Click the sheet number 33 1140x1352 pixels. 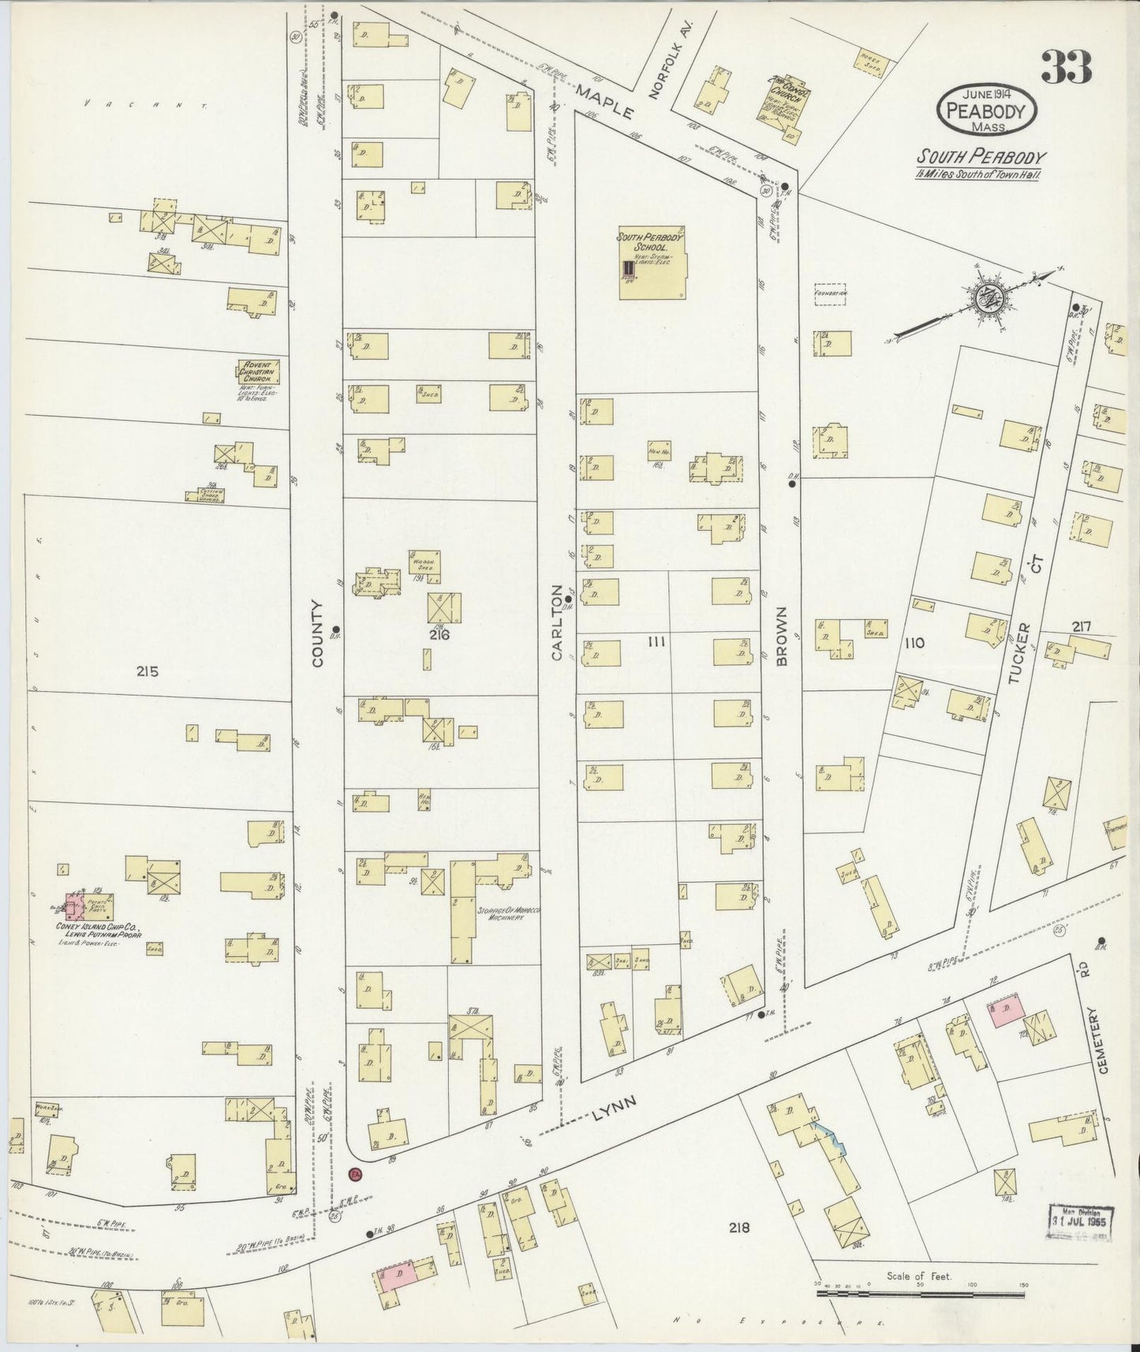1066,66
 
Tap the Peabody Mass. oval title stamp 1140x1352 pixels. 987,111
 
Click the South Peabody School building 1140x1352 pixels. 652,263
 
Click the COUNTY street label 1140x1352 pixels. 318,633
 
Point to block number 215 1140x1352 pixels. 147,671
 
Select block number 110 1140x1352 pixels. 914,643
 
